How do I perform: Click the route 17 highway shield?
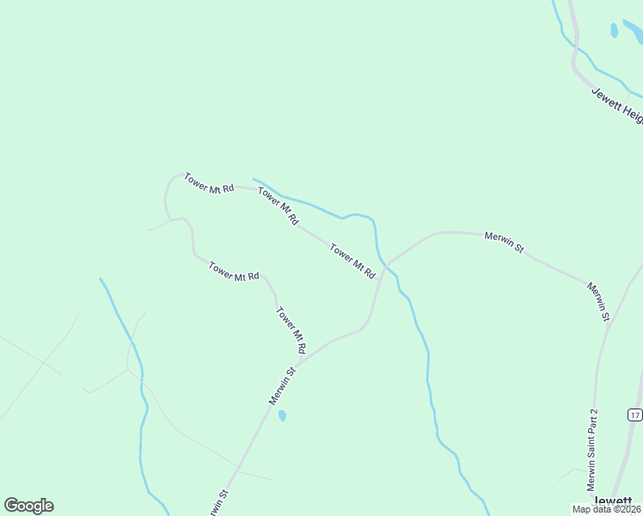(x=634, y=415)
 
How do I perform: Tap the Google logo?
(x=28, y=506)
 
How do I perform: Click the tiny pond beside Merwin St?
(x=282, y=416)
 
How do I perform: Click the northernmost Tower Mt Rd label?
(x=209, y=182)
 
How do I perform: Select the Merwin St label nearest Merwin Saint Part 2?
(x=598, y=301)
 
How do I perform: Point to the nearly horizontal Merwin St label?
(x=504, y=240)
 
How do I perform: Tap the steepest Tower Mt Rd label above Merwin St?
(x=291, y=331)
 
